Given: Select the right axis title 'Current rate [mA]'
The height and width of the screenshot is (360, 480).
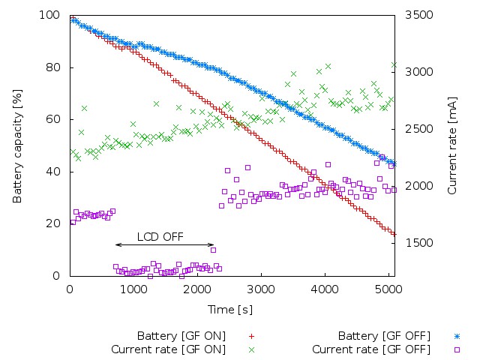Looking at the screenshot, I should coord(452,145).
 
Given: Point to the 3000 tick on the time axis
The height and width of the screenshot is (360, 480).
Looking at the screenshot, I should coord(260,287).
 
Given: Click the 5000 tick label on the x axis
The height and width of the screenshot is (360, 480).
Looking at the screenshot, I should coord(388,287).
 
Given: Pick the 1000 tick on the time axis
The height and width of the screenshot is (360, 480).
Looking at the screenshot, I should coord(133,287).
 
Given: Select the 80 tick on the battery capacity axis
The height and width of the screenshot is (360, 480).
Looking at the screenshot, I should coord(53,67).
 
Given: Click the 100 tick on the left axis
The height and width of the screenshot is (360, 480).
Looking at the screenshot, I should coord(50,16).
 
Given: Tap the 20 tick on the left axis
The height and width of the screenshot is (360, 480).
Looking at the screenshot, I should coord(53,223).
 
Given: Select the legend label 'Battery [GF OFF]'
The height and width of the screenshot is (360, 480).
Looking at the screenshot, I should coord(380,335).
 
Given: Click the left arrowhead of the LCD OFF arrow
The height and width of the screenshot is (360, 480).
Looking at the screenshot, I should coord(116,244).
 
